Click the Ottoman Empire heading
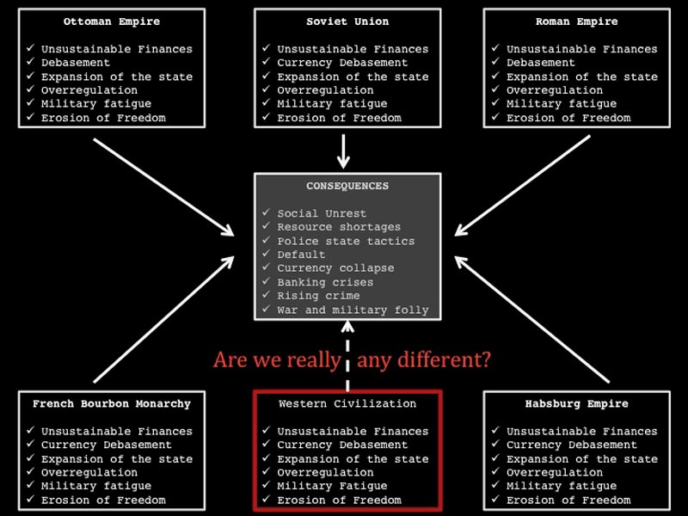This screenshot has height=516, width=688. [x=112, y=21]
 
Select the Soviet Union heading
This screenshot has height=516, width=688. [x=347, y=21]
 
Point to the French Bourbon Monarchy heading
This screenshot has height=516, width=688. [x=112, y=403]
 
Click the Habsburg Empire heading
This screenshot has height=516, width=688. [x=576, y=403]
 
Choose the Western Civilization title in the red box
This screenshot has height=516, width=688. [x=347, y=403]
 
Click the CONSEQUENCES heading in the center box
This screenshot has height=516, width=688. [x=347, y=186]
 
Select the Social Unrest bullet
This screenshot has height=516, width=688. [x=322, y=213]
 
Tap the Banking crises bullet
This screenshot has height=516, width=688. [x=325, y=282]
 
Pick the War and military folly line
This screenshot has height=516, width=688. [x=353, y=310]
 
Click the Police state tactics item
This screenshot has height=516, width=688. [x=346, y=241]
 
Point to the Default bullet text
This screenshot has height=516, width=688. [x=301, y=255]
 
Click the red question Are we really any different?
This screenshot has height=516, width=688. [x=352, y=359]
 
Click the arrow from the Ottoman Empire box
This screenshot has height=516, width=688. [x=163, y=187]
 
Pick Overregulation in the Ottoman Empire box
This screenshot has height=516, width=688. [x=89, y=90]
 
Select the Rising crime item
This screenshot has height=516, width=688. [x=318, y=296]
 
